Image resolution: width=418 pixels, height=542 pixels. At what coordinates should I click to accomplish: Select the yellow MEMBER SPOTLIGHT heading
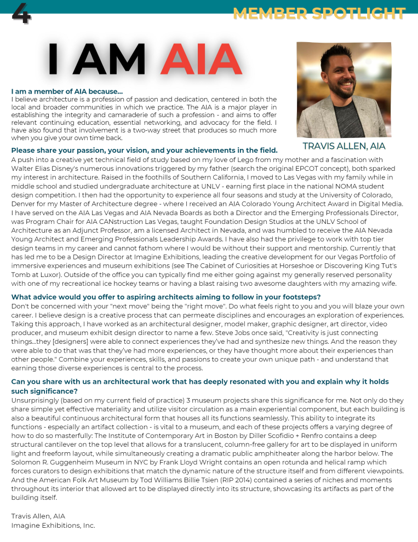point(319,13)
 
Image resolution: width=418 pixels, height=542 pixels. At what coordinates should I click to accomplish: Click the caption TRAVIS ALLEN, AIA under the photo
point(343,146)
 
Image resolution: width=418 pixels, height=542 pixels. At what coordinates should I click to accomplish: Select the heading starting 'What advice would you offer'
point(165,297)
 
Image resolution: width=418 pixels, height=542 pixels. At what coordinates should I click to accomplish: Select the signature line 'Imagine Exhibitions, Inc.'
point(53,526)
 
